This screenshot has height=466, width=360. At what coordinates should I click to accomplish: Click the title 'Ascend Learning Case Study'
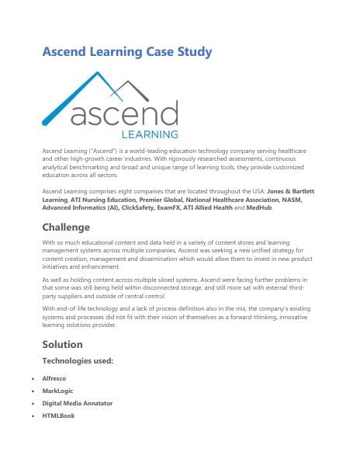click(126, 52)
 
